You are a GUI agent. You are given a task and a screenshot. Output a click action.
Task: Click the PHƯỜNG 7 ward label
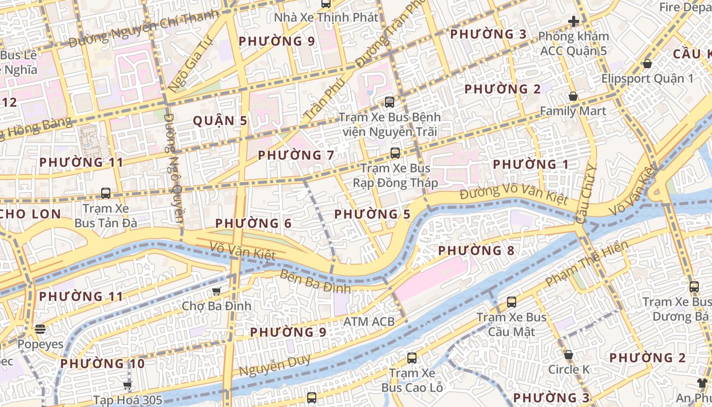coord(296,155)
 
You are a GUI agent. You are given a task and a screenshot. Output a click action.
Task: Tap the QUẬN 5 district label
coord(220,121)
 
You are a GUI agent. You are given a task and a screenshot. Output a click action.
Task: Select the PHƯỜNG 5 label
coord(372,214)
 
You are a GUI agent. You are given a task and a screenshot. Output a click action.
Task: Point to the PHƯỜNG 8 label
coord(476,250)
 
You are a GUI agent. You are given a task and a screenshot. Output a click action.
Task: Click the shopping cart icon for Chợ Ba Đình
coord(217,291)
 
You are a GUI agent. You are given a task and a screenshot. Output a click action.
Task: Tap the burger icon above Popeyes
coord(40,329)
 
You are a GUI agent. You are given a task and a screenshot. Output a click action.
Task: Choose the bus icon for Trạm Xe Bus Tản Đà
coord(106,193)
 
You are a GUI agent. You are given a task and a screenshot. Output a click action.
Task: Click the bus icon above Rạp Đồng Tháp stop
coord(395,153)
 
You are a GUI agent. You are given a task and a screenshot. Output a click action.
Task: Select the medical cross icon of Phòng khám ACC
coord(574,21)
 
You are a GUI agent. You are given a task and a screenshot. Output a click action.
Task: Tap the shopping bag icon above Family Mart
coord(573,96)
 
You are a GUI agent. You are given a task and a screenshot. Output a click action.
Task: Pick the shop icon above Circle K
coord(569,354)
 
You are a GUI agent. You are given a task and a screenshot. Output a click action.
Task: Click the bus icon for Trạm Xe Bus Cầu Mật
coord(512,302)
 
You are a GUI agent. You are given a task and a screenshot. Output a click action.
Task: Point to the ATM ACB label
coord(369,322)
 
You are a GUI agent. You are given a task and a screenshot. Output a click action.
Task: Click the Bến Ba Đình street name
coord(315,281)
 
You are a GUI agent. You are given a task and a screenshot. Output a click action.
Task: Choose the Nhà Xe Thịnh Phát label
coord(326,17)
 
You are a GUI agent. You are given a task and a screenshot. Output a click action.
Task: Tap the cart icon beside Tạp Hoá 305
coord(127,385)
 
